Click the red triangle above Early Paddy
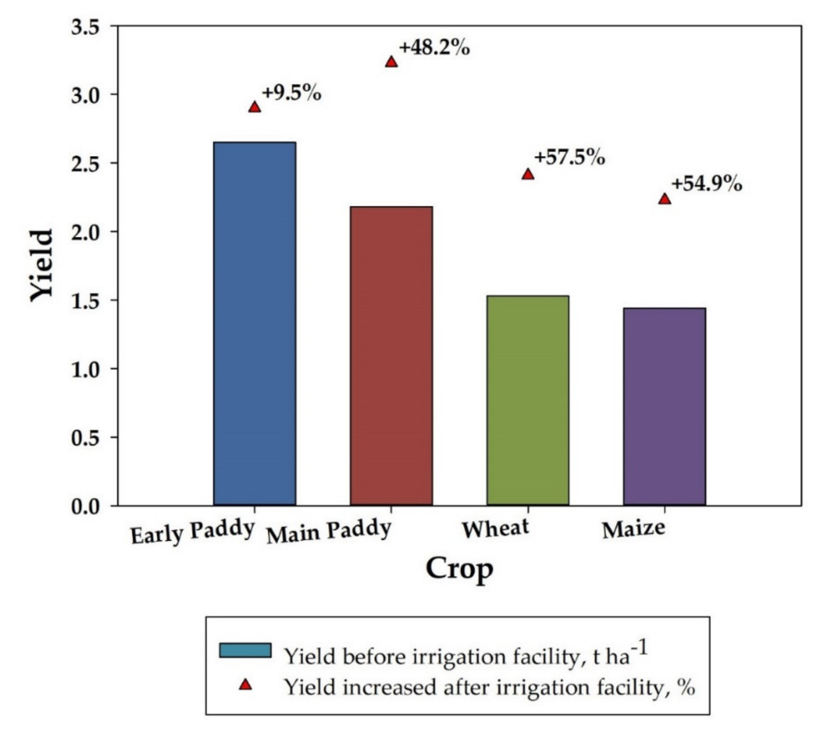254,107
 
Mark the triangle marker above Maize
665,199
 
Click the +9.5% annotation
292,93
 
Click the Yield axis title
42,266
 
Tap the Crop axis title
459,569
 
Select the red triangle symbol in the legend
245,685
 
